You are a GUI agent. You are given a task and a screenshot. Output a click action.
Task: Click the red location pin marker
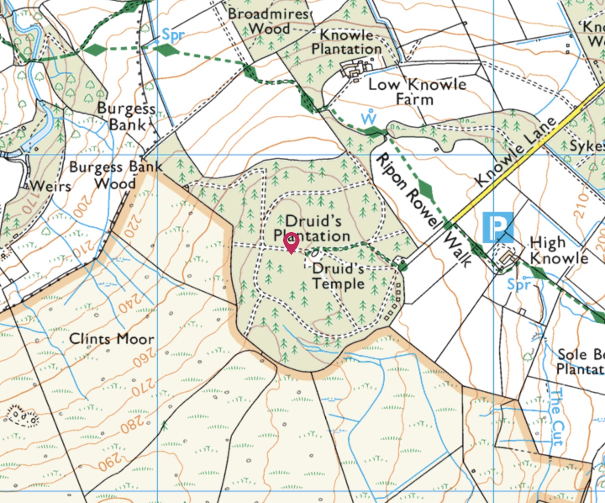[291, 242]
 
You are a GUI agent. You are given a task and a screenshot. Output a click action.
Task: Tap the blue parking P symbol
[497, 228]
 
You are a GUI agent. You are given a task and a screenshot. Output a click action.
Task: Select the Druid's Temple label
[338, 276]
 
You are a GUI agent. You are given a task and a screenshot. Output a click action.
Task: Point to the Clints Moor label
[111, 339]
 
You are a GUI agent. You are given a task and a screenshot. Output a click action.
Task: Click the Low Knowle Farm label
[417, 92]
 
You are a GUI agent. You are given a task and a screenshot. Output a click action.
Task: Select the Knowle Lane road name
[516, 152]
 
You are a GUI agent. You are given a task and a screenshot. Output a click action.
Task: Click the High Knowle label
[558, 250]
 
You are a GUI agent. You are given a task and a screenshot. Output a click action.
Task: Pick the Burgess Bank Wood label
[116, 175]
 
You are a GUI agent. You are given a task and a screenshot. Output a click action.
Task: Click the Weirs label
[50, 185]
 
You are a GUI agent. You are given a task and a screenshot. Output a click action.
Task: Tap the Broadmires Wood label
[269, 21]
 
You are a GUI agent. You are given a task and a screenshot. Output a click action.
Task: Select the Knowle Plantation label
[346, 42]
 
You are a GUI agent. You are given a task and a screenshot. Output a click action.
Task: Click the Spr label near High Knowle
[519, 285]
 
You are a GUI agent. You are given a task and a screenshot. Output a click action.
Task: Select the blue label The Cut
[556, 417]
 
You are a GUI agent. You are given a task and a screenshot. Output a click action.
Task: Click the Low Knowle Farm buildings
[356, 69]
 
